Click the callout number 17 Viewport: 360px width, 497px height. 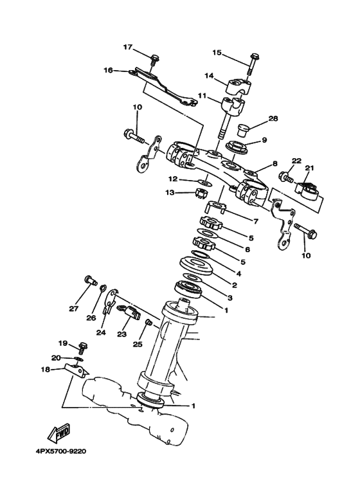point(127,47)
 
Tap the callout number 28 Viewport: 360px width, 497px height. point(273,119)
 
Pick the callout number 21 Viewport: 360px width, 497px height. point(309,168)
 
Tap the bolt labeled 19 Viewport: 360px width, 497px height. point(82,347)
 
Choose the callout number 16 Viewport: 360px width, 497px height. point(107,71)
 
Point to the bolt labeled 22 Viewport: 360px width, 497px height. point(287,176)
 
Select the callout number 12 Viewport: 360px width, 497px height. point(173,179)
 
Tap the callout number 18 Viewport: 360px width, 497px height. point(45,370)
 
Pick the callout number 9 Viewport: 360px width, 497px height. point(264,140)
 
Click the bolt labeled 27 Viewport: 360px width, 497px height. point(89,280)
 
